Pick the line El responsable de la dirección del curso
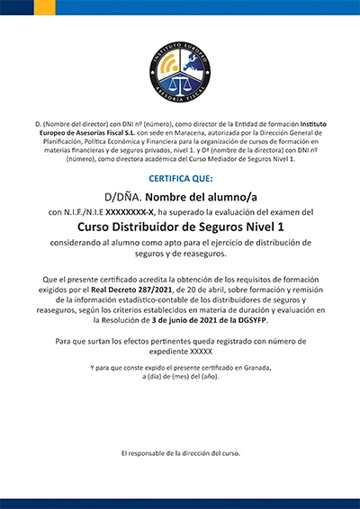click(180, 454)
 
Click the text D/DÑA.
click(122, 195)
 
